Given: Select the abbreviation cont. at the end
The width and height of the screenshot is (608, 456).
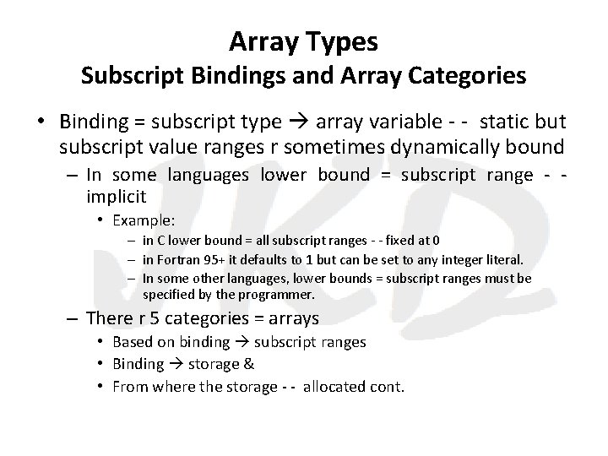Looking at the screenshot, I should [x=388, y=387].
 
